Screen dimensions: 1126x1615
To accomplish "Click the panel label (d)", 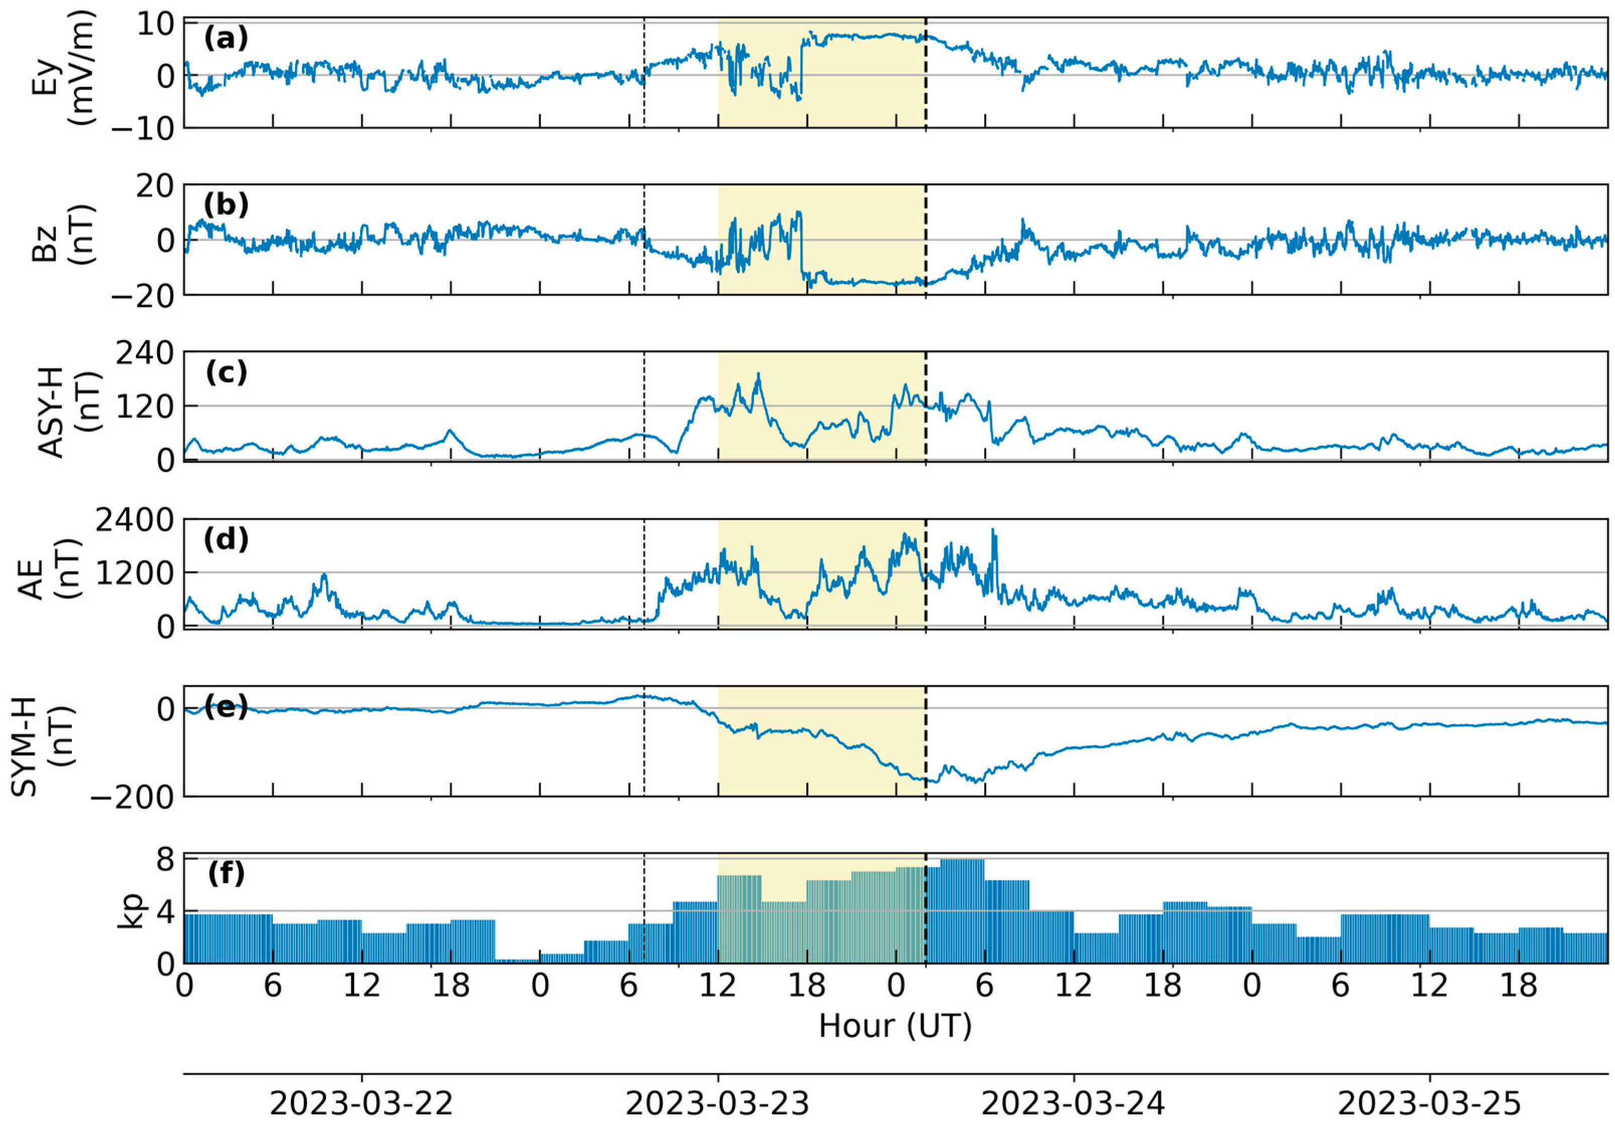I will point(226,540).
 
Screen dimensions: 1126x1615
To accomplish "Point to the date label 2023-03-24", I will point(1073,1103).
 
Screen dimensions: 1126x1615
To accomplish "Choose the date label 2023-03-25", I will point(1429,1103).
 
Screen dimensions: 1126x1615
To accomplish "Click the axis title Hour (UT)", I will point(895,1026).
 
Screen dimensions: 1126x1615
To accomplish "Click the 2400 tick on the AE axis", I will point(134,521).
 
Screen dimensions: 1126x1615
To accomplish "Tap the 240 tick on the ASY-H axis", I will point(144,354).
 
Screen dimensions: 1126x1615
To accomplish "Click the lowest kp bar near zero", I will point(517,960).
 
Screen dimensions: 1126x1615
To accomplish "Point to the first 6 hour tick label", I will point(272,986).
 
